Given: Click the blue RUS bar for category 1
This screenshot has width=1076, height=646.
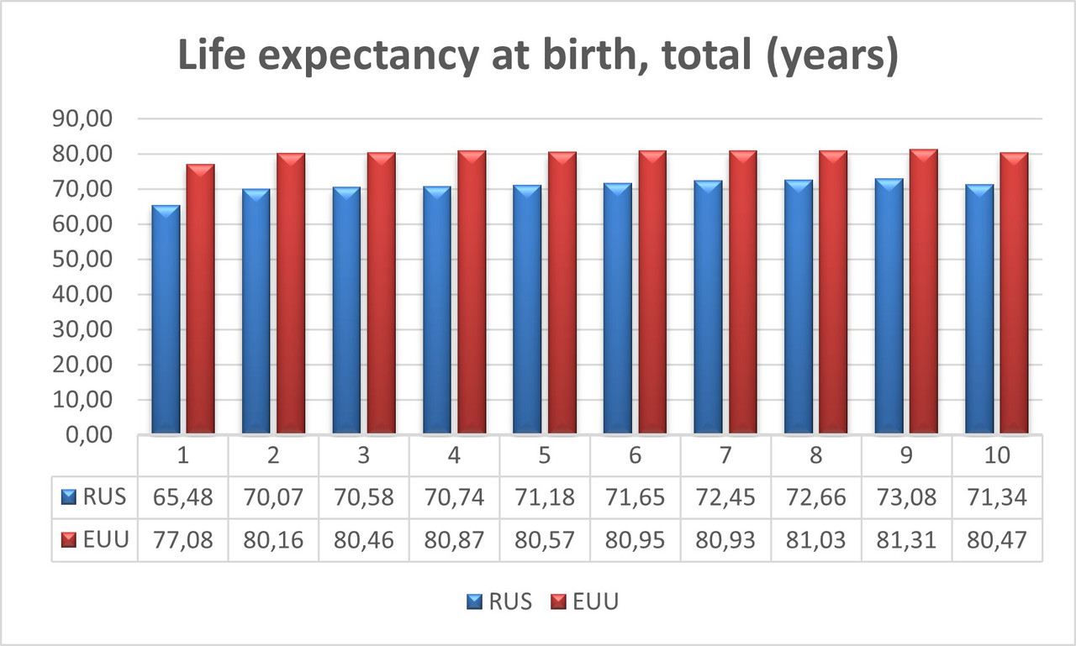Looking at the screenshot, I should [166, 319].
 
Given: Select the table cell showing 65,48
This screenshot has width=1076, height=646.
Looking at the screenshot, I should [182, 496].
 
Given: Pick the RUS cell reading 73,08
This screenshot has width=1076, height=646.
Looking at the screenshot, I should [906, 496].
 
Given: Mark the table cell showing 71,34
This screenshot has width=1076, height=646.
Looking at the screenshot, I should [997, 496].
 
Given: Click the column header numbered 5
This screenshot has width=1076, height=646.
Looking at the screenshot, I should [544, 456].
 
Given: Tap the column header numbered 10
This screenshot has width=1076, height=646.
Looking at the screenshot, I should [997, 456].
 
